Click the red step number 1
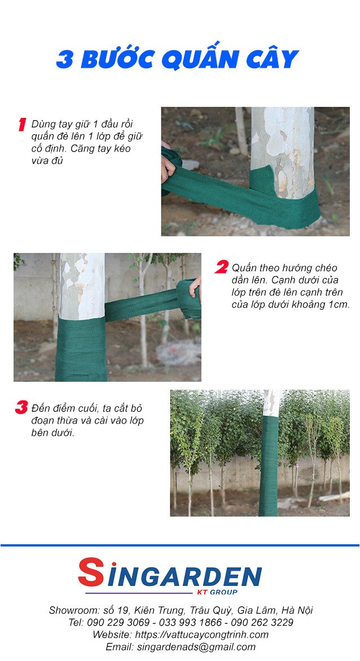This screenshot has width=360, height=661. pos(23,125)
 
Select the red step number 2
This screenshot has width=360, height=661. pos(221,267)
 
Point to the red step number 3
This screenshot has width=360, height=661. pos(21,407)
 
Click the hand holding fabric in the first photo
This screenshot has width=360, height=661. pos(168,165)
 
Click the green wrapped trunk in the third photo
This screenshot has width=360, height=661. pos(269,466)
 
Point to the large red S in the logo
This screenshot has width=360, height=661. pos(91,572)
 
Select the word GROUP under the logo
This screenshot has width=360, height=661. pos(223,592)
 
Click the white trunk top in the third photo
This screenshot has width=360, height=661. pos(271,403)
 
